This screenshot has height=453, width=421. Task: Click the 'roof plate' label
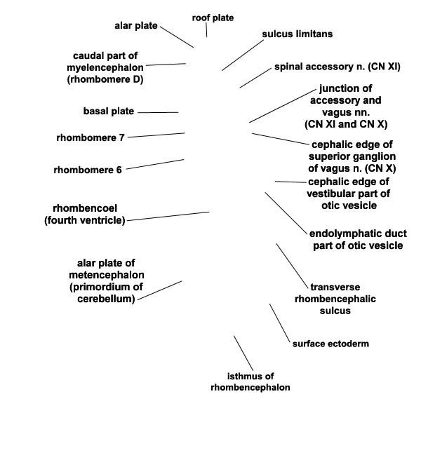point(213,18)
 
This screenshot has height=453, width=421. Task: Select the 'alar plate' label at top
point(136,26)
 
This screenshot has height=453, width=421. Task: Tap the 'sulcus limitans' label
point(298,34)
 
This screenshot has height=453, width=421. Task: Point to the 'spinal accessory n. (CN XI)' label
point(337,67)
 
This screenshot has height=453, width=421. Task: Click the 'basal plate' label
point(109,111)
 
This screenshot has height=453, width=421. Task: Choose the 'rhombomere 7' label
point(91,137)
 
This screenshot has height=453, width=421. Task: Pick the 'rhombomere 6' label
point(88,170)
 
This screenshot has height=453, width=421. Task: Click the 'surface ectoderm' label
point(330,344)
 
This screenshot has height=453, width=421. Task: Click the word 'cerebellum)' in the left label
point(106,299)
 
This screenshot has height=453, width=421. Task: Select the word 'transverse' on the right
point(335,287)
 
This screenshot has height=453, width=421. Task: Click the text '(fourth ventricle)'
point(85,220)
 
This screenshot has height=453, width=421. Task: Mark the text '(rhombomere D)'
point(105,79)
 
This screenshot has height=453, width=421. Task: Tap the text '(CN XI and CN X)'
point(346,124)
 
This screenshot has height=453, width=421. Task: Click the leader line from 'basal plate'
point(158,112)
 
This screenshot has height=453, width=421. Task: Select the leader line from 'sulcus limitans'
point(243,55)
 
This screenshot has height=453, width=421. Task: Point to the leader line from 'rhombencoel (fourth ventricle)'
point(168,217)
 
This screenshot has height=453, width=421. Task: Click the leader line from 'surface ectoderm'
point(279,323)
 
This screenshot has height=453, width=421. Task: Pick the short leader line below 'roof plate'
point(206,30)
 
